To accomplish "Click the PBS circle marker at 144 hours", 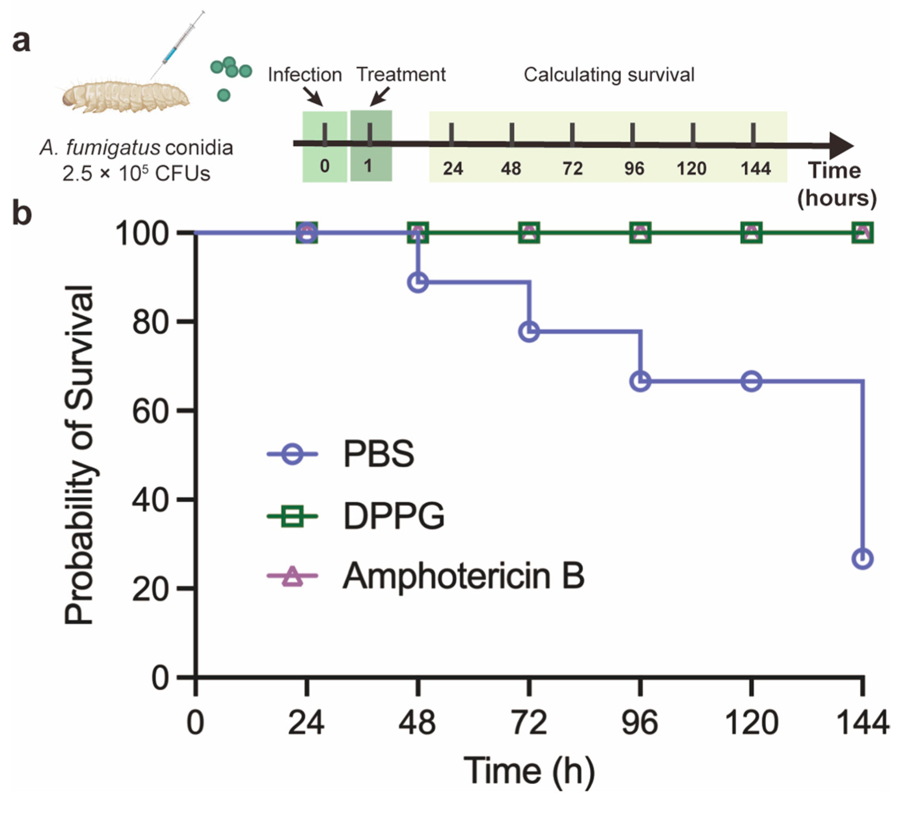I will pyautogui.click(x=862, y=559).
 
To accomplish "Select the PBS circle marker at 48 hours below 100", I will pyautogui.click(x=418, y=283).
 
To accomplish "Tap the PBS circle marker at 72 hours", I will pyautogui.click(x=529, y=332).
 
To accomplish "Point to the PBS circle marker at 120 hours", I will pyautogui.click(x=752, y=381).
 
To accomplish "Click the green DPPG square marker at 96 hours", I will pyautogui.click(x=640, y=233).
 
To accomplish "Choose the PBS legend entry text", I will pyautogui.click(x=378, y=454).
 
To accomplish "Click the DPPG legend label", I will pyautogui.click(x=394, y=516).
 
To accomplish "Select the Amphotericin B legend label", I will pyautogui.click(x=463, y=576).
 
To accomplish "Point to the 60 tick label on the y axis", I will pyautogui.click(x=150, y=411).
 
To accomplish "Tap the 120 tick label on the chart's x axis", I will pyautogui.click(x=751, y=723).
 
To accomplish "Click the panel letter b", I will pyautogui.click(x=22, y=214).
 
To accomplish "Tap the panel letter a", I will pyautogui.click(x=22, y=41).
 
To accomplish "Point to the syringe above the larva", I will pyautogui.click(x=177, y=45).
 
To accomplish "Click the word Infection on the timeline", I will pyautogui.click(x=305, y=74).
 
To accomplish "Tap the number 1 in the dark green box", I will pyautogui.click(x=368, y=166).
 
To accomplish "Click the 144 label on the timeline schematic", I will pyautogui.click(x=756, y=169).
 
